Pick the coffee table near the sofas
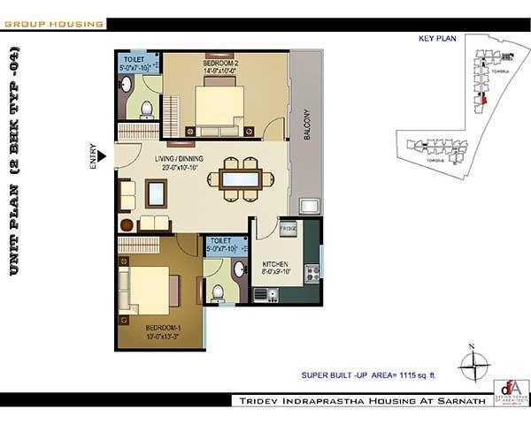tap(156, 192)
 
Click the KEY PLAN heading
tap(435, 38)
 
